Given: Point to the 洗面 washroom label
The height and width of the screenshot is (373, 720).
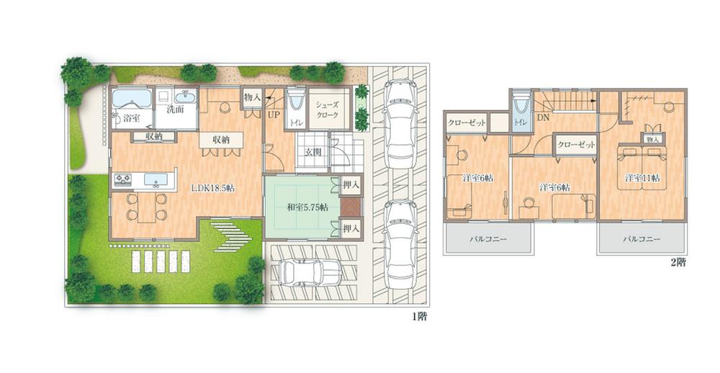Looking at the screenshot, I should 175,110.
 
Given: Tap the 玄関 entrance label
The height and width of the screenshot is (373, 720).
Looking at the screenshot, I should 312,152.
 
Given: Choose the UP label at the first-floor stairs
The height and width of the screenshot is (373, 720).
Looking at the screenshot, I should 274,114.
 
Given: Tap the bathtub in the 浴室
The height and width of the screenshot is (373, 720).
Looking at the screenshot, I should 131,96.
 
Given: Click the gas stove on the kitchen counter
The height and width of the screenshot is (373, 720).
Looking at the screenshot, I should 123,179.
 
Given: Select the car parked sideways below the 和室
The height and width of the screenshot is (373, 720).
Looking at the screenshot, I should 309,272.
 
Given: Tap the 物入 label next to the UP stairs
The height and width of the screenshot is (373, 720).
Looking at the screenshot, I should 252,96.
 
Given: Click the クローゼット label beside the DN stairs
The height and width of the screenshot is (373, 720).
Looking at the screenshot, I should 577,144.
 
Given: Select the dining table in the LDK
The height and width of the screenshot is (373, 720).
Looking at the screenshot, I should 147,206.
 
